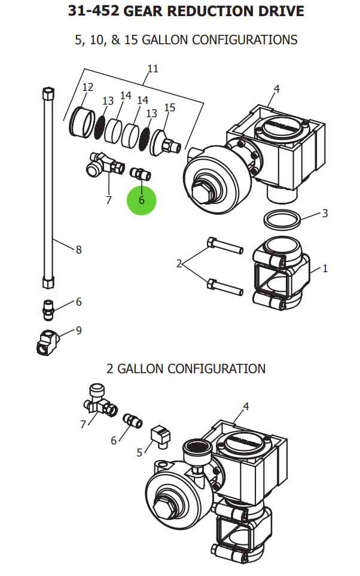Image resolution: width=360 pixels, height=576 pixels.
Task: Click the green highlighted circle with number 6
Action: pyautogui.click(x=141, y=200)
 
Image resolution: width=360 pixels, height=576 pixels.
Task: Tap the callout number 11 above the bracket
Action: pyautogui.click(x=152, y=69)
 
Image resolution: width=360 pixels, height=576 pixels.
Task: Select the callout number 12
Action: pyautogui.click(x=88, y=87)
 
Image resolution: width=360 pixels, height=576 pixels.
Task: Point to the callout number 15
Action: pyautogui.click(x=170, y=108)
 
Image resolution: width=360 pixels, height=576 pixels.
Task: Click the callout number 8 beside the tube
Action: pyautogui.click(x=78, y=250)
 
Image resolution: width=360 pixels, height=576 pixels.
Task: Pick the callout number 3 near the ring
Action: pyautogui.click(x=325, y=214)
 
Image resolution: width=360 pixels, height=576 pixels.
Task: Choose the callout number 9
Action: pyautogui.click(x=78, y=330)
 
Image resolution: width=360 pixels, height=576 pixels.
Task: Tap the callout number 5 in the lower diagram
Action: pyautogui.click(x=140, y=452)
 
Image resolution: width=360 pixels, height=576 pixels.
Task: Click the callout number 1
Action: pyautogui.click(x=325, y=269)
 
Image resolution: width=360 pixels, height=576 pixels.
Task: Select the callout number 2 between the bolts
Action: pyautogui.click(x=179, y=263)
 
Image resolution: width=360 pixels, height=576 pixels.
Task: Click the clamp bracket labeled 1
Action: pyautogui.click(x=282, y=272)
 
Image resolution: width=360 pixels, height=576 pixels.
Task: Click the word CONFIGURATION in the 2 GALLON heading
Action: pyautogui.click(x=216, y=368)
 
